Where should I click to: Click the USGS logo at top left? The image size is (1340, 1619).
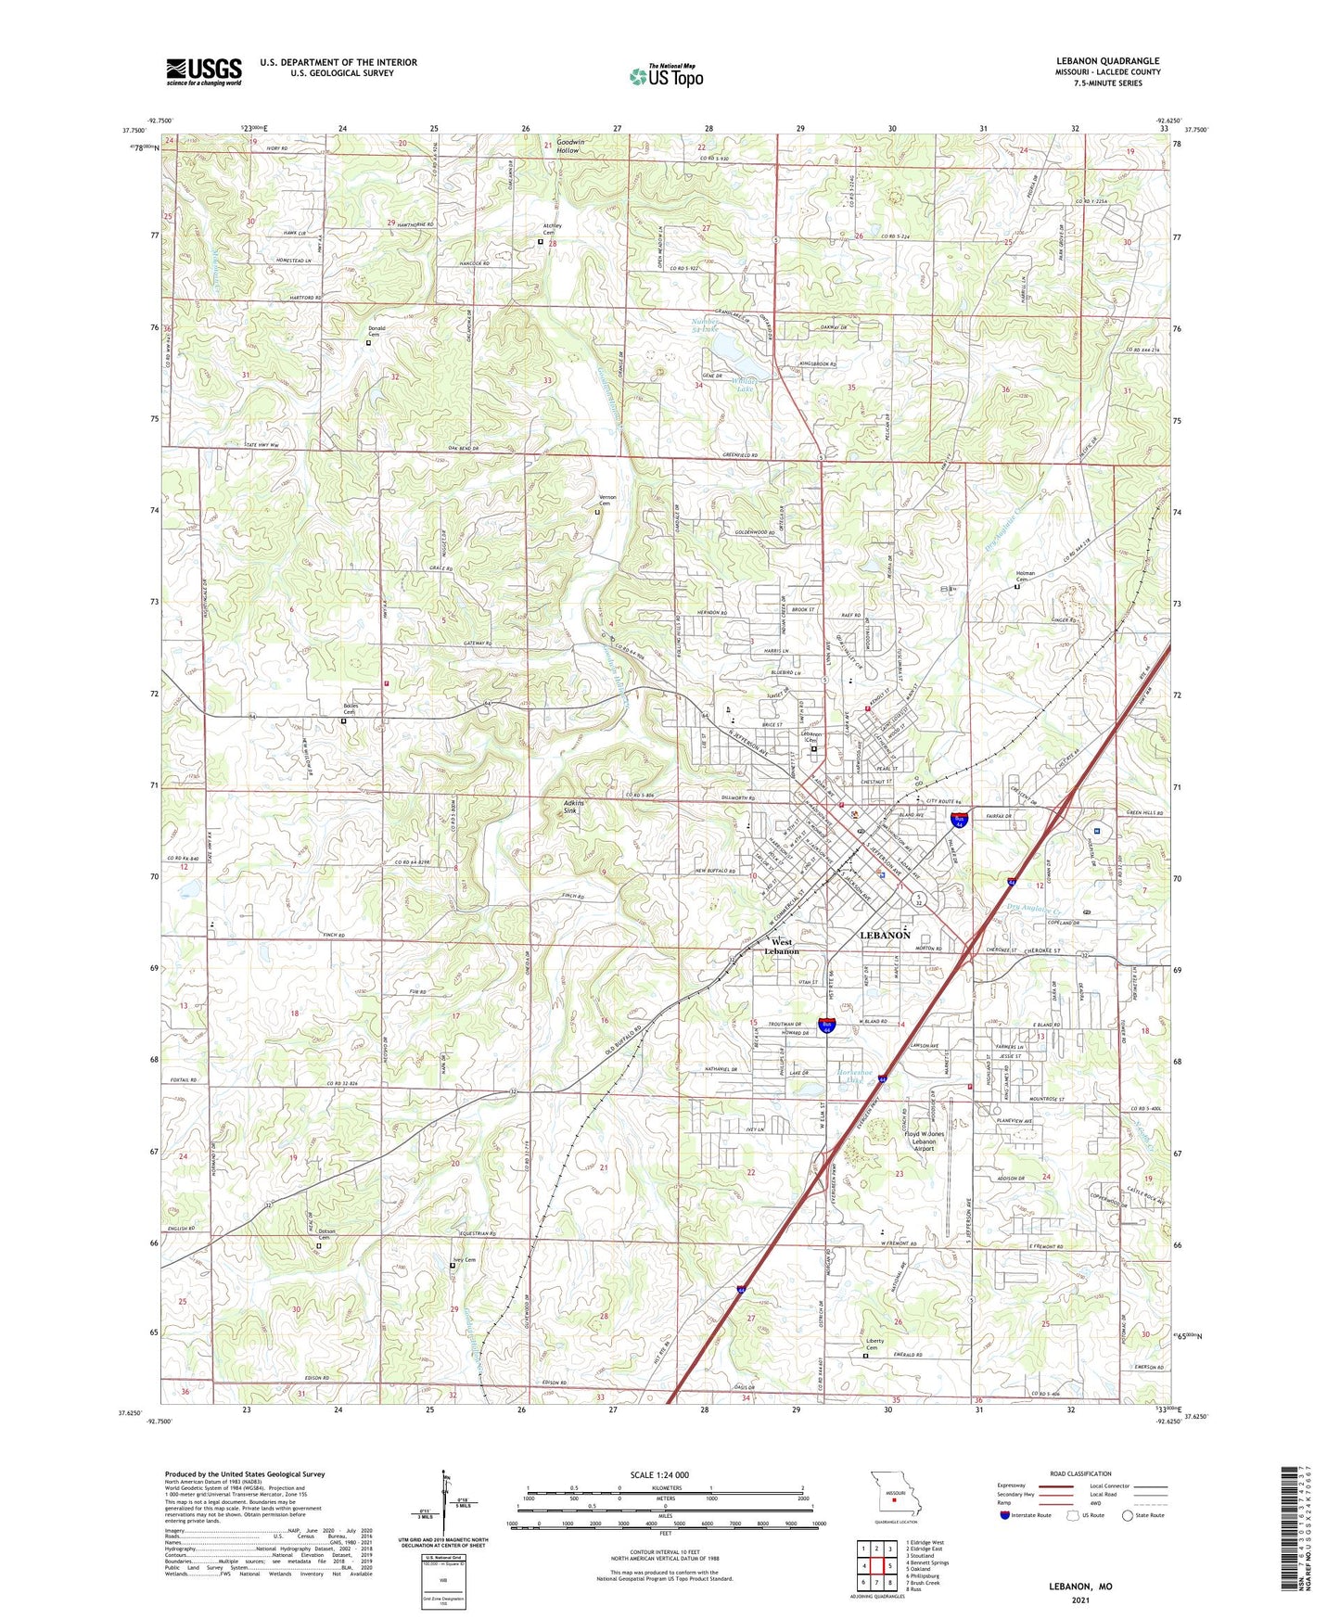coord(204,70)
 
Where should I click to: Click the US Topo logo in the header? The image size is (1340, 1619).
coord(666,76)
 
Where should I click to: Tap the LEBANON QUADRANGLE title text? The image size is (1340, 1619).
coord(1107,61)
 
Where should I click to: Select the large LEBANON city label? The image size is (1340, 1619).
coord(885,936)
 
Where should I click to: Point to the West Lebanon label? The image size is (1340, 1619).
coord(781,947)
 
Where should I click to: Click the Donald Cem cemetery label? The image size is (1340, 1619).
coord(376,331)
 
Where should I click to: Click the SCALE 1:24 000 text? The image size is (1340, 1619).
coord(659,1474)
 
